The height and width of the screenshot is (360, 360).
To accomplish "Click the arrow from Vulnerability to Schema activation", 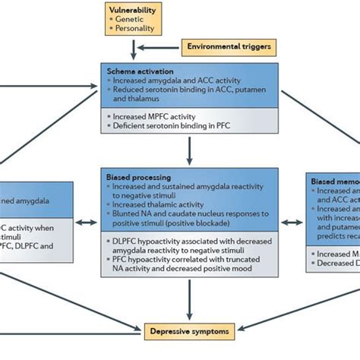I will [134, 51].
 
